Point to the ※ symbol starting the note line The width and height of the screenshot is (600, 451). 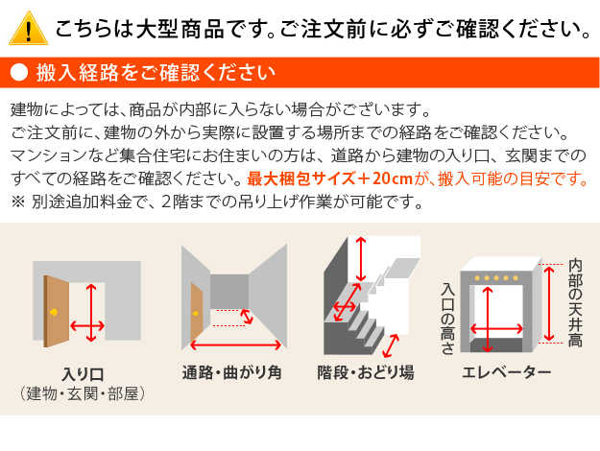coord(18,202)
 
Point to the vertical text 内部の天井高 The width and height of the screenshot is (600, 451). coord(574,302)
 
